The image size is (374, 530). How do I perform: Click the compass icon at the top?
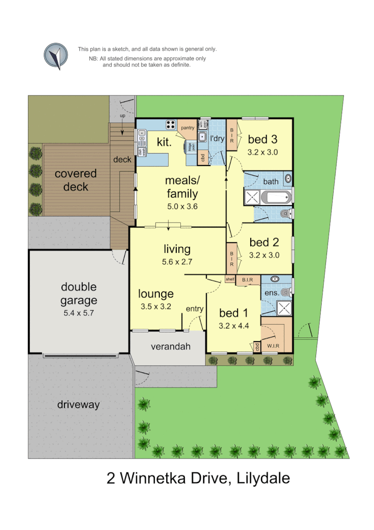55,56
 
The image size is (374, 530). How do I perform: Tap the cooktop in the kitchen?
171,125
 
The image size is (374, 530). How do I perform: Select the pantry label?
187,128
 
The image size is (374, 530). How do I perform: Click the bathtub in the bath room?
274,197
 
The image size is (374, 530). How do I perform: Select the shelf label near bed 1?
230,279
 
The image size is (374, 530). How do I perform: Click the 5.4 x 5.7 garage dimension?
78,313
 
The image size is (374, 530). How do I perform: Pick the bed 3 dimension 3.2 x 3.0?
263,152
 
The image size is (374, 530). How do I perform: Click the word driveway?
78,405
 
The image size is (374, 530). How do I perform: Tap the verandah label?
171,346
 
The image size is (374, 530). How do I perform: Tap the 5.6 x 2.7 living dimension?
177,261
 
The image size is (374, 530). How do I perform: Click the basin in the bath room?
288,178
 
